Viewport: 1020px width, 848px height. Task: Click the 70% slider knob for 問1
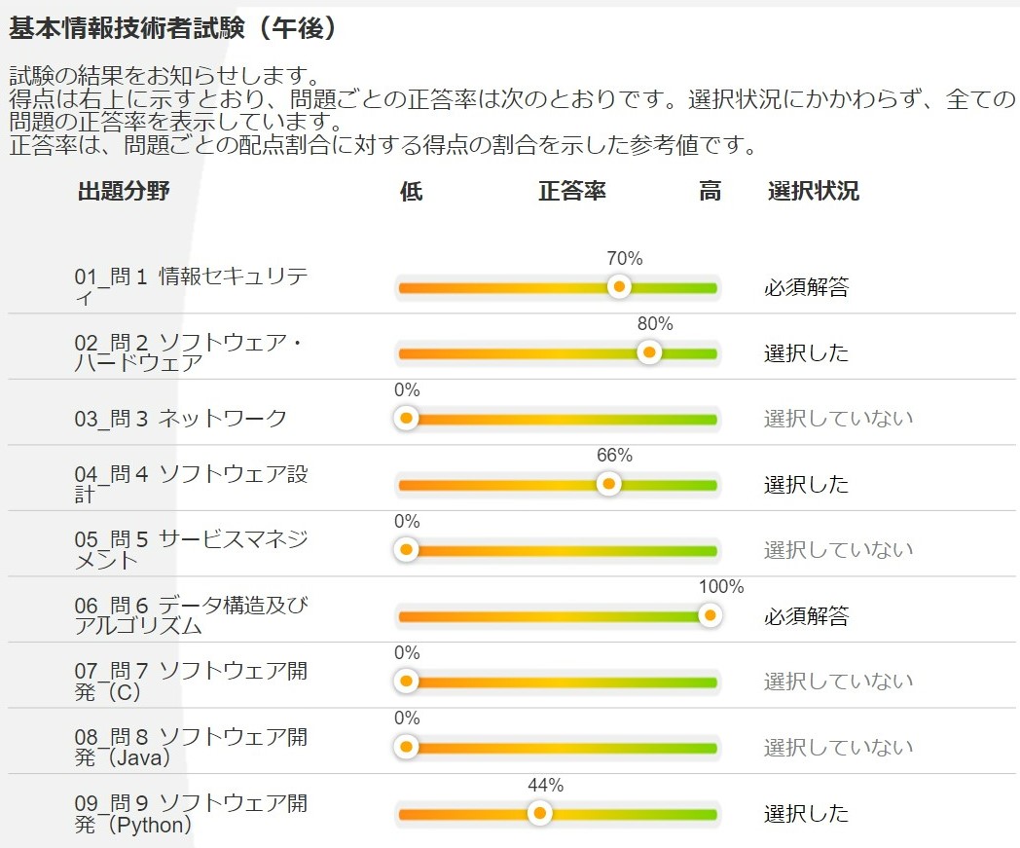tap(618, 287)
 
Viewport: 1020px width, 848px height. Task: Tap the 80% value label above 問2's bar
tap(655, 324)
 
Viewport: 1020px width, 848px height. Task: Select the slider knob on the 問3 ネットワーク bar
tap(407, 419)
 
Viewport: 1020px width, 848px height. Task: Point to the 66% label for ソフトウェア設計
tap(614, 456)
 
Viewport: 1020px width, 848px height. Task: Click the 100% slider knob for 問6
tap(710, 615)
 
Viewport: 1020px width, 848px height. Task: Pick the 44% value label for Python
tap(545, 785)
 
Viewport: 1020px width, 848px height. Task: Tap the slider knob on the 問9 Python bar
tap(538, 813)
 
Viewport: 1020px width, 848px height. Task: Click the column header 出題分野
tap(124, 191)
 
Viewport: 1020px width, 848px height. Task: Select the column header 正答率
tap(572, 191)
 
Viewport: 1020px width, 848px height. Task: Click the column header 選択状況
tap(813, 191)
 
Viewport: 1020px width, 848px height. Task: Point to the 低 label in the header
tap(411, 191)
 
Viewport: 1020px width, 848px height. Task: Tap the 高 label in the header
tap(710, 191)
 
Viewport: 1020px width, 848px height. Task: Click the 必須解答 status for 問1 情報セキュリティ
tap(806, 287)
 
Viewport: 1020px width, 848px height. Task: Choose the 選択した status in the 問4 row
tap(806, 484)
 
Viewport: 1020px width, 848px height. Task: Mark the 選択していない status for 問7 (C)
tap(838, 682)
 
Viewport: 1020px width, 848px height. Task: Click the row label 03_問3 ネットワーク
tap(181, 419)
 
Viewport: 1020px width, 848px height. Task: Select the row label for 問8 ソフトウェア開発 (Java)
tap(191, 747)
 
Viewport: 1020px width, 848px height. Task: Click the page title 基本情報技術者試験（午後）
tap(173, 28)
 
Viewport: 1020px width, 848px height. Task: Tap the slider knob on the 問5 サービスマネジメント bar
tap(407, 550)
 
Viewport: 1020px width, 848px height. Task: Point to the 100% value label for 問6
tap(721, 587)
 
